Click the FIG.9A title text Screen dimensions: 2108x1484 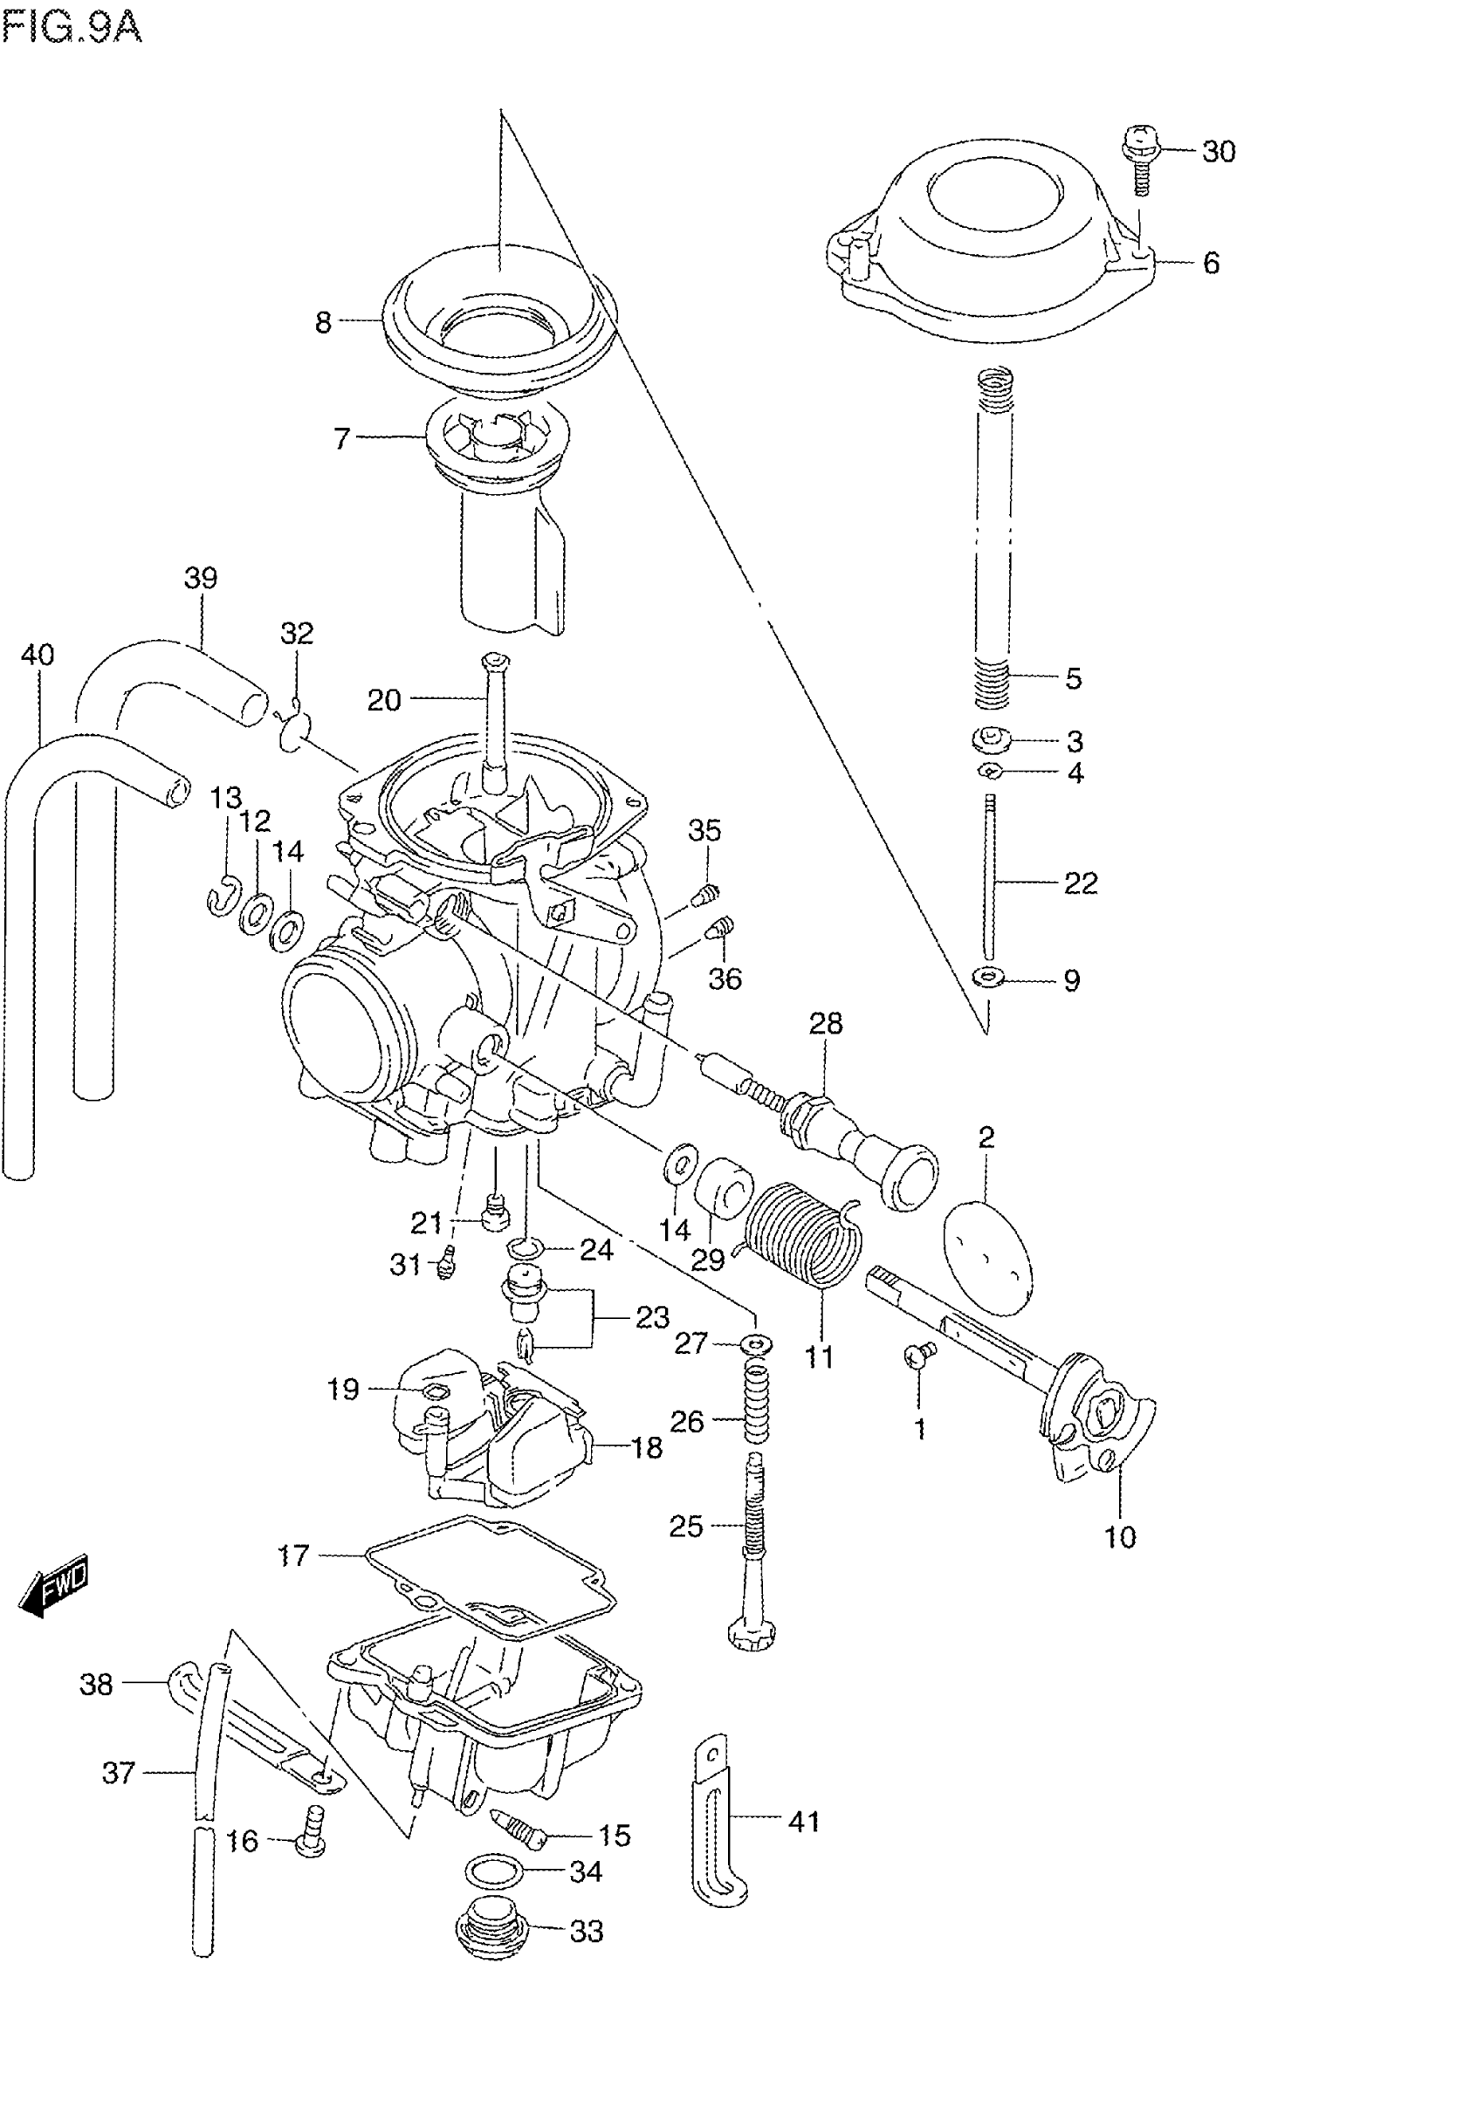[72, 27]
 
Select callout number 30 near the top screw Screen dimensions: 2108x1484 [1219, 152]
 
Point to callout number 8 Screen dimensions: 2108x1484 [323, 322]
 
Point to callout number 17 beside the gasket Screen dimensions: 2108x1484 [293, 1555]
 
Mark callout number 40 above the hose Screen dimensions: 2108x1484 [38, 655]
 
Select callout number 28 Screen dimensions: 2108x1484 [826, 1023]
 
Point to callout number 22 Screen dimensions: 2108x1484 [1081, 882]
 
